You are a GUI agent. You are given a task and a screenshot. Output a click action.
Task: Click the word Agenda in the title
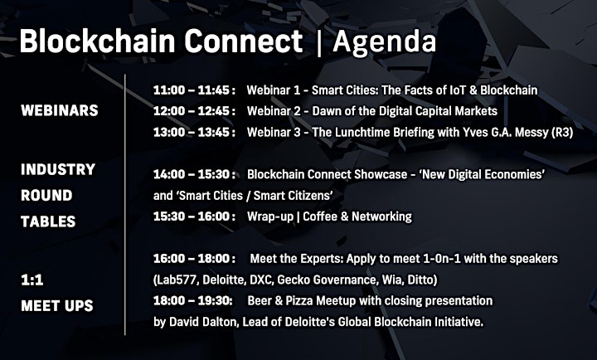(384, 42)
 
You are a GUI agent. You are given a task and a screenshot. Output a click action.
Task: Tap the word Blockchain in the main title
(97, 41)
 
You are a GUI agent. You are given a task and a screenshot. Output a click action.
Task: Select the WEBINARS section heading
(60, 110)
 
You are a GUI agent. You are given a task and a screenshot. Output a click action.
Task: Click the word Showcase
(381, 174)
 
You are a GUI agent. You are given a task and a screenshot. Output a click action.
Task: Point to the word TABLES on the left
(48, 221)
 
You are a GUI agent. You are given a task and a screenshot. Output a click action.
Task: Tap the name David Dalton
(203, 323)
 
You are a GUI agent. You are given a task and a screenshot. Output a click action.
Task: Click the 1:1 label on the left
(32, 280)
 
